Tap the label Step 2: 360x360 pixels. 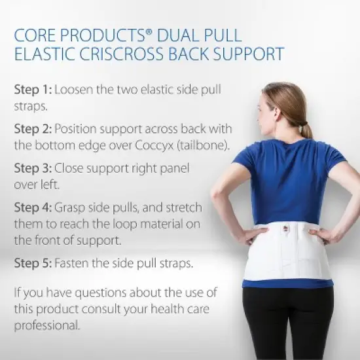click(x=32, y=129)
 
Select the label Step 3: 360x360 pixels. click(x=32, y=168)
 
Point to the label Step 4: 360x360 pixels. click(x=32, y=207)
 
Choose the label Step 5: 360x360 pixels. click(x=32, y=264)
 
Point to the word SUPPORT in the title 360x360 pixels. click(x=251, y=53)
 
